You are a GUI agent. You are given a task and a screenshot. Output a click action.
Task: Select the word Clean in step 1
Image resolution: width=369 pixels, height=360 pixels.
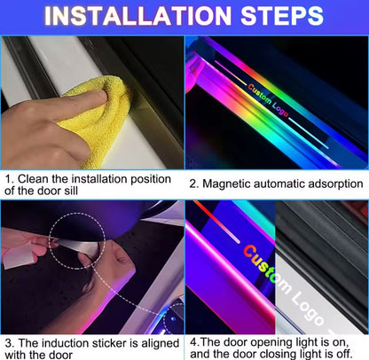coord(33,179)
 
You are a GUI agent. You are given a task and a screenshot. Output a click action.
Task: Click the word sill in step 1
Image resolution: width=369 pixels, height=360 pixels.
coord(71,191)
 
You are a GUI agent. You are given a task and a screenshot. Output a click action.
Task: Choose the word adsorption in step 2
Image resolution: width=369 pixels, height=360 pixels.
coord(335,184)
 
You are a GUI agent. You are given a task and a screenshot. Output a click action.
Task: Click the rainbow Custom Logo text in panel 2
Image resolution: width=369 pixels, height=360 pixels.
coord(268,100)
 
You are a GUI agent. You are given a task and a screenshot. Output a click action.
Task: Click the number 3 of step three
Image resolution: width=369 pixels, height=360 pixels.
coord(8,343)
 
